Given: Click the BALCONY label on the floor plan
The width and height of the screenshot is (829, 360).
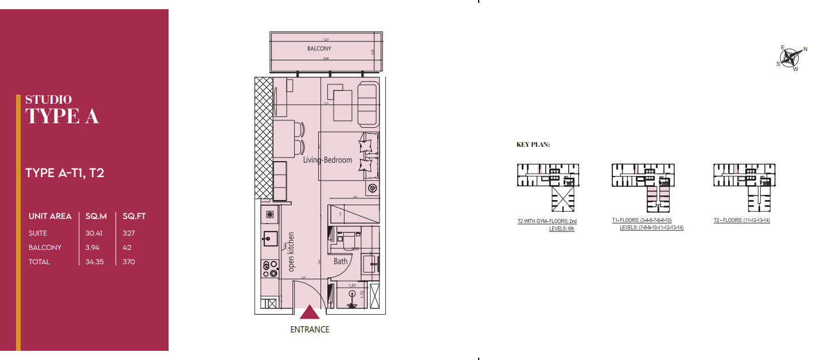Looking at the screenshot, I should pyautogui.click(x=319, y=49).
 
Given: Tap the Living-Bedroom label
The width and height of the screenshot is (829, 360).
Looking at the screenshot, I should pyautogui.click(x=327, y=160).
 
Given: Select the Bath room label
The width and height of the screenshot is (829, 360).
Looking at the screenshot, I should pyautogui.click(x=341, y=261).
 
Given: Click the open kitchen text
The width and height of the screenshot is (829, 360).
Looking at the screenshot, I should pyautogui.click(x=291, y=252).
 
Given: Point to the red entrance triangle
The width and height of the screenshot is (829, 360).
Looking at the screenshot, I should pyautogui.click(x=310, y=312).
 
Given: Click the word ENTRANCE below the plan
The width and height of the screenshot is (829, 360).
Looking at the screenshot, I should pyautogui.click(x=310, y=330).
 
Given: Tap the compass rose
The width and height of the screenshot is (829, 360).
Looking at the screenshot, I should pyautogui.click(x=792, y=57).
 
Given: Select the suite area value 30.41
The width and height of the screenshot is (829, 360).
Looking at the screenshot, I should pyautogui.click(x=95, y=233).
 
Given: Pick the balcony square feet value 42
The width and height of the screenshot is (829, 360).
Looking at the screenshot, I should pyautogui.click(x=127, y=248).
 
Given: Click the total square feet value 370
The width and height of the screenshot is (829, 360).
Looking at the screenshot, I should pyautogui.click(x=129, y=262).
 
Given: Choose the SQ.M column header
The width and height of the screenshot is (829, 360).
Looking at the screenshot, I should pyautogui.click(x=96, y=216).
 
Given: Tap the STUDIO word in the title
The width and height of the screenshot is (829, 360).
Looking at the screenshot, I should pyautogui.click(x=49, y=100).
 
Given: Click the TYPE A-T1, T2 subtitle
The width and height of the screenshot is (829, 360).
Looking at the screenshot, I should pyautogui.click(x=65, y=173).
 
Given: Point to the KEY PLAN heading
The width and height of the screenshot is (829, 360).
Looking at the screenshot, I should pyautogui.click(x=533, y=145).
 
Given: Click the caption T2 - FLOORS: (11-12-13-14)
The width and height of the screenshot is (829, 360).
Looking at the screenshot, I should pyautogui.click(x=741, y=220).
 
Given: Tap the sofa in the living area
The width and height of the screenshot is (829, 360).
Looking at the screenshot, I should pyautogui.click(x=367, y=104).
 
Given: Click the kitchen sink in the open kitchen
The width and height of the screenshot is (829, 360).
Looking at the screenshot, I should pyautogui.click(x=268, y=238).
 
